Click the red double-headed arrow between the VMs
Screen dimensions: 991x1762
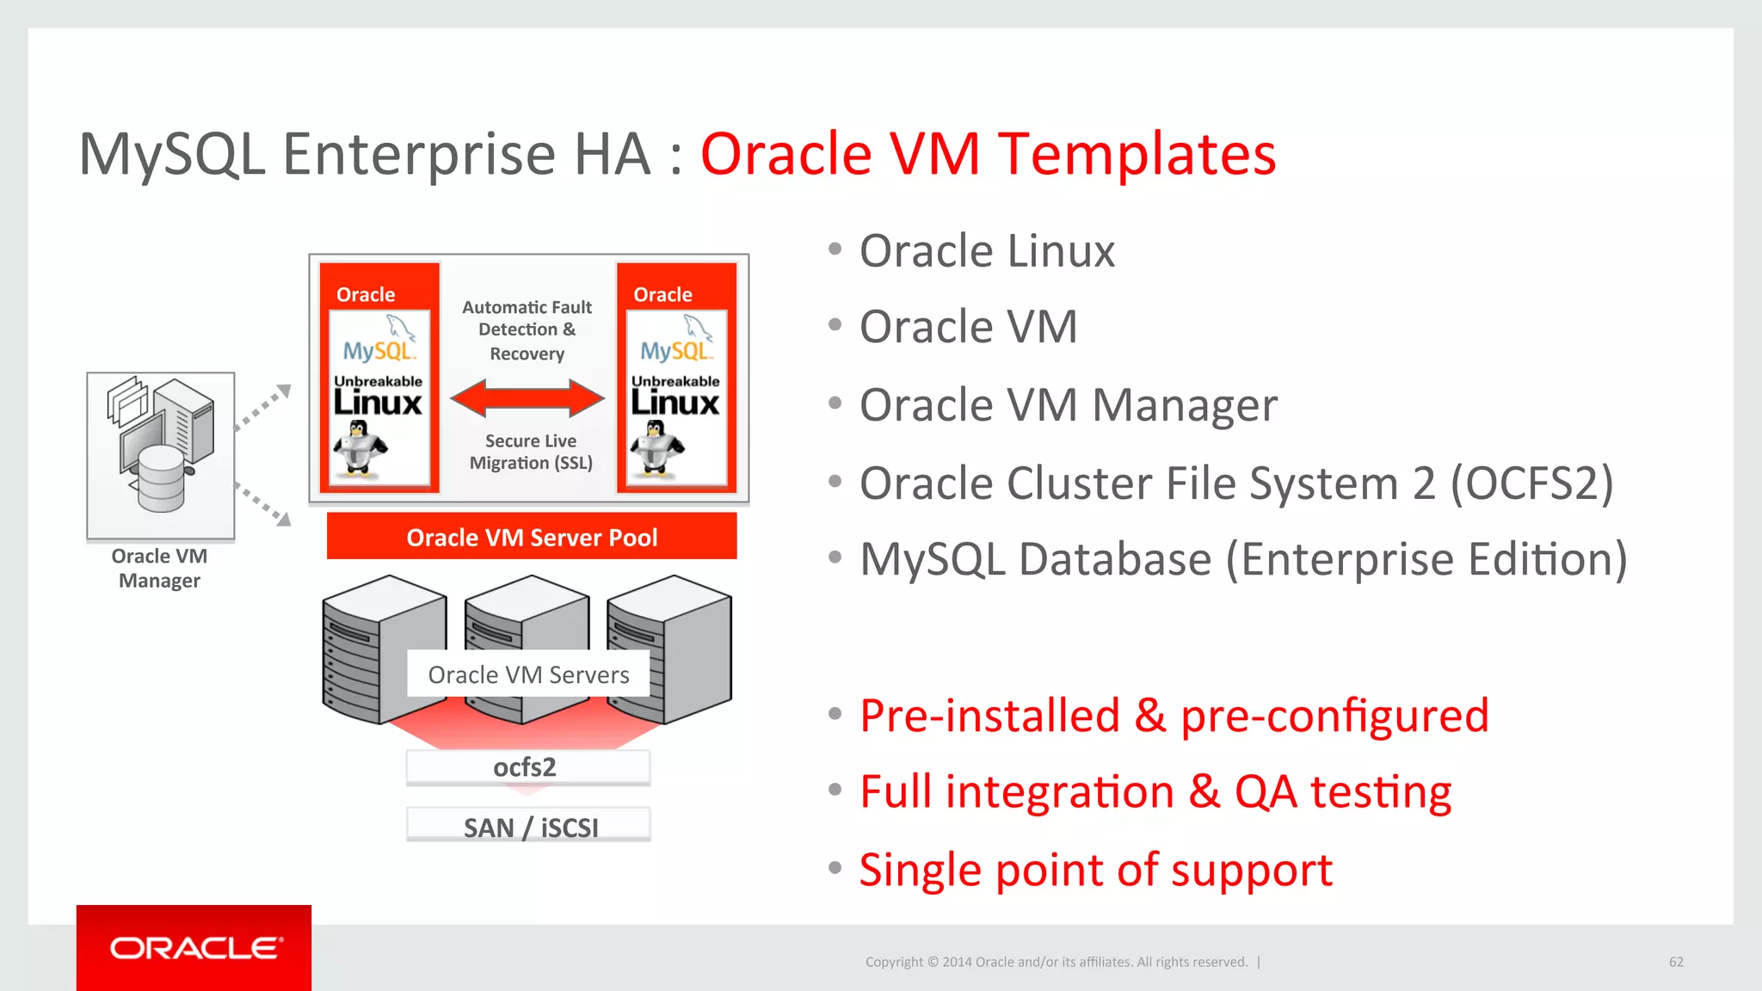pyautogui.click(x=527, y=397)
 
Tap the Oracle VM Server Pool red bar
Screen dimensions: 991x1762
pyautogui.click(x=532, y=537)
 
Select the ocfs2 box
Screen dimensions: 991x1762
pyautogui.click(x=527, y=766)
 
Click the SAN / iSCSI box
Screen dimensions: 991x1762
pyautogui.click(x=529, y=826)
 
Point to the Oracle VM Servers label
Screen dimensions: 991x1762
pyautogui.click(x=528, y=674)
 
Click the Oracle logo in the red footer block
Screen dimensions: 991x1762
pyautogui.click(x=195, y=948)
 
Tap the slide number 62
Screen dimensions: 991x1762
pyautogui.click(x=1676, y=962)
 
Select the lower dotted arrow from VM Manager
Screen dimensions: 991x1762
pyautogui.click(x=263, y=505)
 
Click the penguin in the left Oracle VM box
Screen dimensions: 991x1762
pyautogui.click(x=360, y=446)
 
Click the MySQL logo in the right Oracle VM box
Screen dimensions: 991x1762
pyautogui.click(x=676, y=340)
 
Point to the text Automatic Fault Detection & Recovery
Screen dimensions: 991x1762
pyautogui.click(x=527, y=330)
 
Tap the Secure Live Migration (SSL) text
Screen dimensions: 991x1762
pyautogui.click(x=531, y=452)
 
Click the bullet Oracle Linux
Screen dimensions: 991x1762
pyautogui.click(x=987, y=251)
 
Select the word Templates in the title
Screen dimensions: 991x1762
pyautogui.click(x=1137, y=155)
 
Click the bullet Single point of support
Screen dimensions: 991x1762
pyautogui.click(x=1095, y=870)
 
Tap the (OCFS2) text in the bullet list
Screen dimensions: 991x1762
pyautogui.click(x=1531, y=483)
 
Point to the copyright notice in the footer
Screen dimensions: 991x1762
pyautogui.click(x=1057, y=962)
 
